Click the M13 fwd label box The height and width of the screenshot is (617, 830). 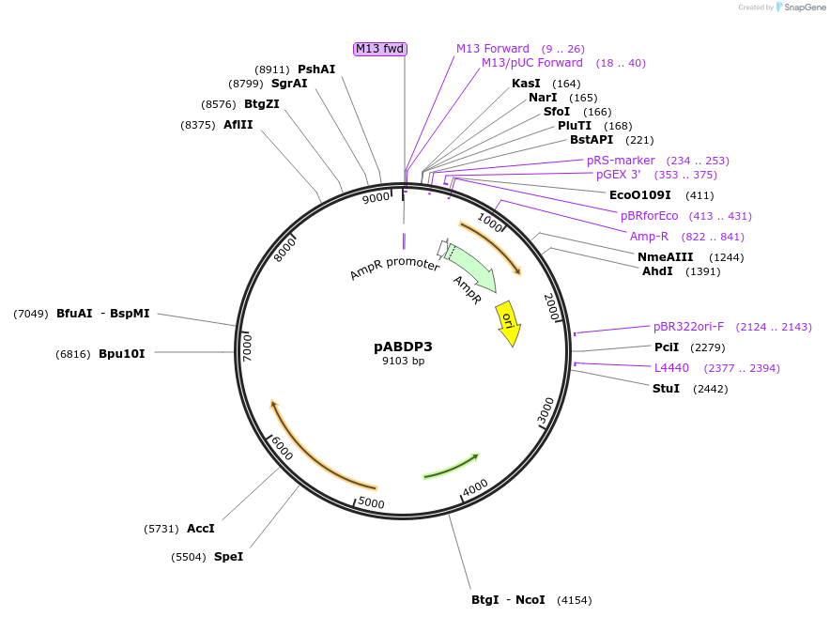(x=380, y=49)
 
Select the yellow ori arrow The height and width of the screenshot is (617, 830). (x=508, y=321)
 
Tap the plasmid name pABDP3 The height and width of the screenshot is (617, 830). (x=403, y=347)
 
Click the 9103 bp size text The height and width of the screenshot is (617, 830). (x=403, y=361)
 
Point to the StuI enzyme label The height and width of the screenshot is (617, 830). (x=666, y=389)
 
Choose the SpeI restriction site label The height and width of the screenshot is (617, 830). (x=228, y=557)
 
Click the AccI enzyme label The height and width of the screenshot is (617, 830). (x=201, y=529)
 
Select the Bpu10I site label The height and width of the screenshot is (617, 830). (x=122, y=354)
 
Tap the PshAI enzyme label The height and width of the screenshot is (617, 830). (x=316, y=69)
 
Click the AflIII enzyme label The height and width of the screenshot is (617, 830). (x=238, y=125)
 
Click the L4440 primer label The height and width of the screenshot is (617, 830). (x=671, y=368)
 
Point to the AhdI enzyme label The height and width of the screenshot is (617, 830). (x=657, y=271)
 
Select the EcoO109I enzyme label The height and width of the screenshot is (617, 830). (x=640, y=195)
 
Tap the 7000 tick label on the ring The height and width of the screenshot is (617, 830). (x=248, y=346)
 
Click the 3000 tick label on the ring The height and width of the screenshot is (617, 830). (x=546, y=410)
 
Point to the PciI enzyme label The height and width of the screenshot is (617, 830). (x=667, y=347)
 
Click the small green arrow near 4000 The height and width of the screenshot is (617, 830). (x=452, y=466)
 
